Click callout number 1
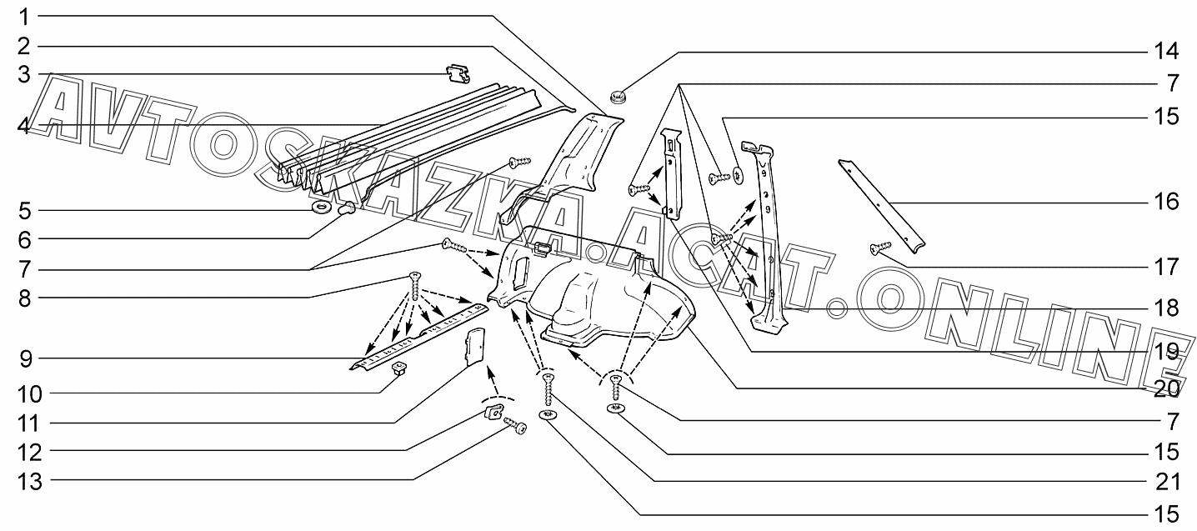click(25, 17)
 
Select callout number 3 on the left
click(25, 75)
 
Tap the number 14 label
click(1166, 52)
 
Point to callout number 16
click(1166, 202)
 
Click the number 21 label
click(1166, 481)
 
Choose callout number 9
click(25, 360)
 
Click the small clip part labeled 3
click(456, 74)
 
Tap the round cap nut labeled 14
click(619, 96)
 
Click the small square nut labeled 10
click(398, 369)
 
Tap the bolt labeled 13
click(516, 428)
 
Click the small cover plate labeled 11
click(475, 347)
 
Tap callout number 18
click(1166, 308)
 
